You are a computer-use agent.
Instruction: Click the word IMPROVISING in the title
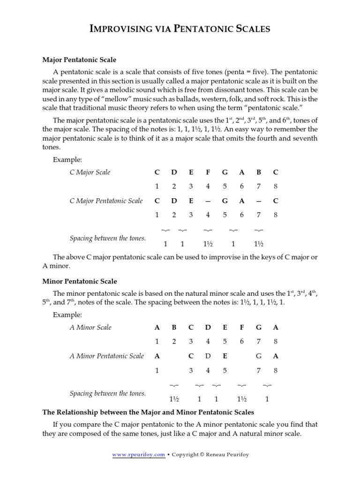tap(117, 30)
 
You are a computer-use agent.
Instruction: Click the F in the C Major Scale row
tap(208, 172)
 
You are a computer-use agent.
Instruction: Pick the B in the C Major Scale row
tap(258, 172)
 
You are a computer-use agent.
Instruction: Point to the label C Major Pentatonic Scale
tap(106, 201)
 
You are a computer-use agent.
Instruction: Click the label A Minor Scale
tap(90, 327)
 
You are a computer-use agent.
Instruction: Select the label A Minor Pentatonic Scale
tap(106, 356)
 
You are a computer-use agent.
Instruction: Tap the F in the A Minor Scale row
tap(241, 327)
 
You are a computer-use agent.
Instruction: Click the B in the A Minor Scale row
tap(174, 327)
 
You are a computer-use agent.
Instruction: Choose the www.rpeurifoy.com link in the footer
tap(139, 454)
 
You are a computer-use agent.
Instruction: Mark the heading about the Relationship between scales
tap(148, 412)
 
